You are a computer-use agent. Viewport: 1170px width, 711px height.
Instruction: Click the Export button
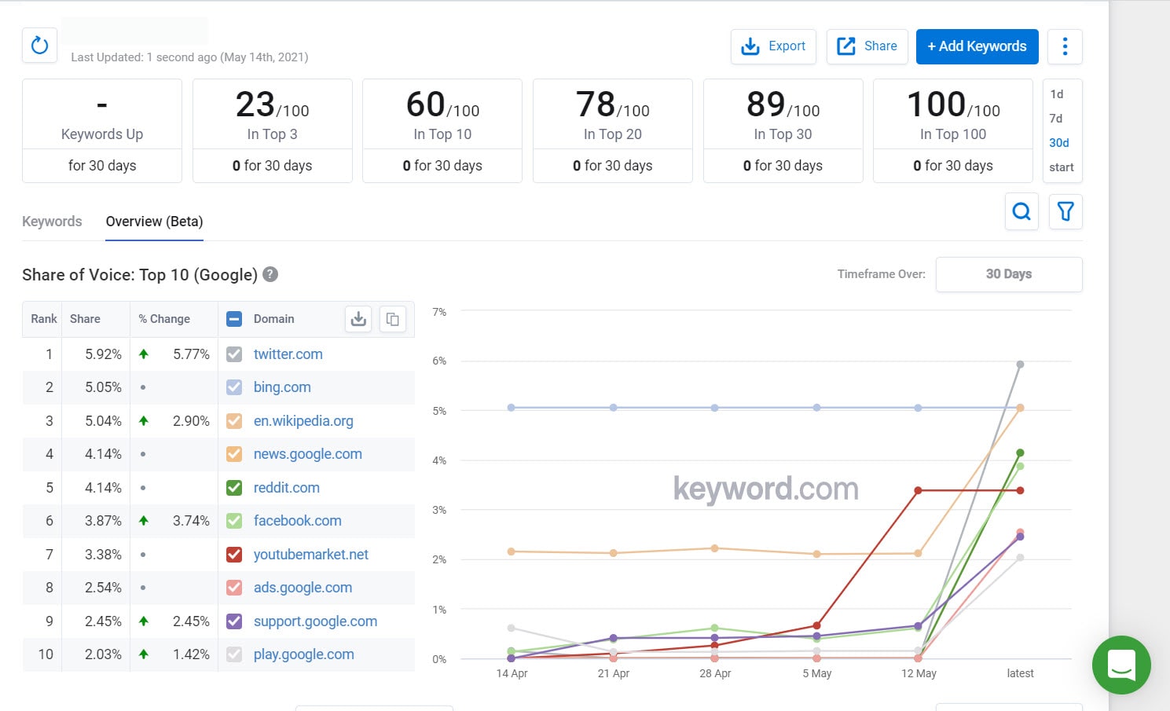pyautogui.click(x=773, y=46)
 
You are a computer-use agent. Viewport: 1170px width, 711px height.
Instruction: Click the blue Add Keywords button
pyautogui.click(x=977, y=46)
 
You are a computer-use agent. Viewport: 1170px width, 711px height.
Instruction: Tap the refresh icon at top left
pyautogui.click(x=39, y=46)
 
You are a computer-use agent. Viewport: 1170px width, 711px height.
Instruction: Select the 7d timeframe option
pyautogui.click(x=1056, y=119)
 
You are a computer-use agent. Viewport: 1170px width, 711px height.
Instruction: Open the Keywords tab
pyautogui.click(x=52, y=222)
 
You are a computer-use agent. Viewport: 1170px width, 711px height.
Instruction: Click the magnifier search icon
pyautogui.click(x=1021, y=211)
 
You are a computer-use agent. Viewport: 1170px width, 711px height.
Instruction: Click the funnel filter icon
pyautogui.click(x=1065, y=211)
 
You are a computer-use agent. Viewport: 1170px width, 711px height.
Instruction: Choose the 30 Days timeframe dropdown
pyautogui.click(x=1008, y=274)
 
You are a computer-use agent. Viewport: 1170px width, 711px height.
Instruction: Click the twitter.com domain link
pyautogui.click(x=288, y=354)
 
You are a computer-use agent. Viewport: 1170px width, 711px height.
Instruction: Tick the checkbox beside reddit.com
pyautogui.click(x=234, y=488)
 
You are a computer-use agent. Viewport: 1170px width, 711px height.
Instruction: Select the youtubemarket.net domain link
pyautogui.click(x=310, y=555)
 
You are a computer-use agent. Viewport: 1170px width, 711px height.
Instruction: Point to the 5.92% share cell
pyautogui.click(x=103, y=354)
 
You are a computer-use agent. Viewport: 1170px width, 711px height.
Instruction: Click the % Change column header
pyautogui.click(x=164, y=319)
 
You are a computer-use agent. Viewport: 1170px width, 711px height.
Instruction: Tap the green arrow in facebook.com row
pyautogui.click(x=144, y=520)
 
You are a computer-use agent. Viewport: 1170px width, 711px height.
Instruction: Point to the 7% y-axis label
pyautogui.click(x=439, y=312)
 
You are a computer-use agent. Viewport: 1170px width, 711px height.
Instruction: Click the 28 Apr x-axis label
pyautogui.click(x=715, y=673)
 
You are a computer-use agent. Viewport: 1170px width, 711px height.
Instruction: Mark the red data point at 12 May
pyautogui.click(x=918, y=490)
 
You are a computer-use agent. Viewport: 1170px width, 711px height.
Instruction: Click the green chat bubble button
pyautogui.click(x=1121, y=665)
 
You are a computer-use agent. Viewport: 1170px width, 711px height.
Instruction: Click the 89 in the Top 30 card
pyautogui.click(x=765, y=104)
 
